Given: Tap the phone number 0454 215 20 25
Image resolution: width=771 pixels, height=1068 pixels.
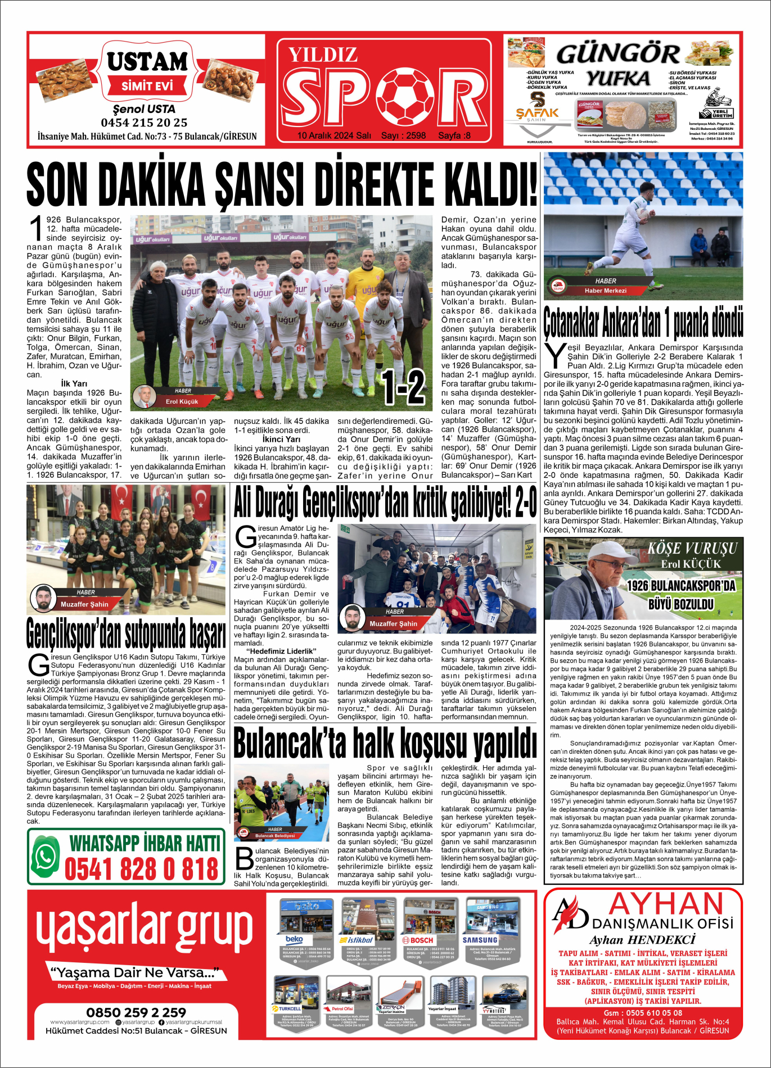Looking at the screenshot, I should point(144,123).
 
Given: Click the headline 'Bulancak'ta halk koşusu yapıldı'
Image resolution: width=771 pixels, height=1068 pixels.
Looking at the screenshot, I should point(385,744).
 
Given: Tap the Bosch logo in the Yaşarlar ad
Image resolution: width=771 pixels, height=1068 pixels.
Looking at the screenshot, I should point(418,940).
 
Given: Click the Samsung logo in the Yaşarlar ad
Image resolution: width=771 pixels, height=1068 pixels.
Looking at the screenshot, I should point(480,940).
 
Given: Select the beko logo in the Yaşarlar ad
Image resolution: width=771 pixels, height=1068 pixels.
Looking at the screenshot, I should point(294,940).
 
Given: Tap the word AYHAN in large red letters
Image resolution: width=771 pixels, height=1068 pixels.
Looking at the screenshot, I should point(666,904).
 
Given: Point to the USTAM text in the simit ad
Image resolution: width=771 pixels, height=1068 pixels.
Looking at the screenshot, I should point(147,61).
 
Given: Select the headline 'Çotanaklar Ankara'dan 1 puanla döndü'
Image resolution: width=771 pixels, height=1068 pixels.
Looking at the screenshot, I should point(643,322).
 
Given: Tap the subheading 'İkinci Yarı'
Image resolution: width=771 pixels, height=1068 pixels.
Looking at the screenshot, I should point(281,440).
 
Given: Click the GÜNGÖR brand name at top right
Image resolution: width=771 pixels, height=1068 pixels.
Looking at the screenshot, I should point(617,54).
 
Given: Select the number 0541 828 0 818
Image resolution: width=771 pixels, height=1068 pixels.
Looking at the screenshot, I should point(141,870).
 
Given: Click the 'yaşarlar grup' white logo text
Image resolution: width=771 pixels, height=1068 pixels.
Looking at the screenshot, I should point(145,928).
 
